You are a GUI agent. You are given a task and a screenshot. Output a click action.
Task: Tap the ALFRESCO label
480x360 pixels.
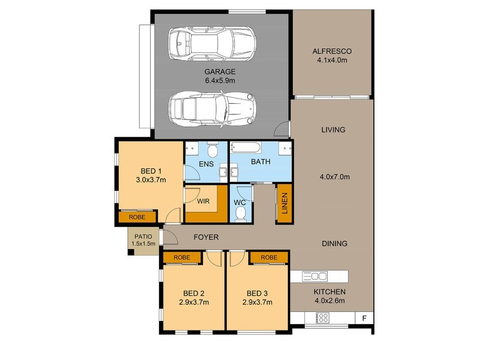click(331, 50)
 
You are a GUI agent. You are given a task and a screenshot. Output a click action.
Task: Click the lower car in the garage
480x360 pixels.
click(212, 109)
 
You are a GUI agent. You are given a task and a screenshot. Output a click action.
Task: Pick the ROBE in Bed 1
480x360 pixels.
click(137, 217)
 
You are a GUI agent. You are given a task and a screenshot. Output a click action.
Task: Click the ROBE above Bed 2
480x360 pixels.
click(182, 257)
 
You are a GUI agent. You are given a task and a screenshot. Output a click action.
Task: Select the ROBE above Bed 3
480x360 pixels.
click(268, 257)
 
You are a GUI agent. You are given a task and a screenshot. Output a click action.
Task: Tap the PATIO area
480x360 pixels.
click(143, 240)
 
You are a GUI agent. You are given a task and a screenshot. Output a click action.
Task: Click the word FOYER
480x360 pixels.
click(206, 238)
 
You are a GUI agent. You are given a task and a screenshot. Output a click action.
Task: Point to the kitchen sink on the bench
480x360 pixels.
click(316, 276)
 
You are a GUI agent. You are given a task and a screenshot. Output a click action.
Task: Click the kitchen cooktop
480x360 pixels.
click(322, 317)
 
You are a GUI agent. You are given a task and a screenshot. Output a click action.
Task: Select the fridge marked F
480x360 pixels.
click(363, 317)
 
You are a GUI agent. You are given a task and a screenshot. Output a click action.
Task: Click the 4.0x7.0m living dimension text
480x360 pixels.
click(334, 177)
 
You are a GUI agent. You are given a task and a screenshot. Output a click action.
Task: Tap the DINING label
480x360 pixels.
click(334, 244)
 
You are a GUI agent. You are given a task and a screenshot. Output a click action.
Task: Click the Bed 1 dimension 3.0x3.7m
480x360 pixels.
click(150, 179)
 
